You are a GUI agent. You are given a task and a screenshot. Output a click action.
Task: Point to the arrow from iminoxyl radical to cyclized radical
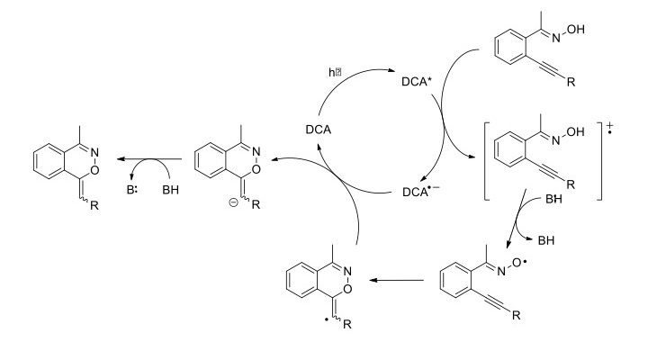pos(396,281)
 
